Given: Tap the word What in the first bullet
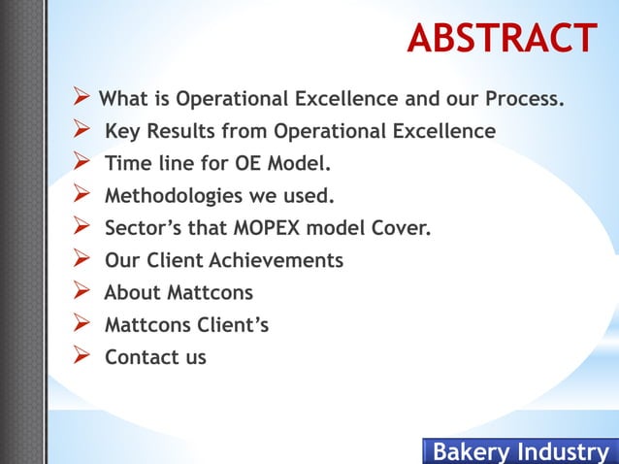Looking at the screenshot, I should [124, 100].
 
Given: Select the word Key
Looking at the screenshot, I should [123, 131].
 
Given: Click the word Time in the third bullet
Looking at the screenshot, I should [128, 163].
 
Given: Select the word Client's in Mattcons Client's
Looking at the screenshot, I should [233, 325].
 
